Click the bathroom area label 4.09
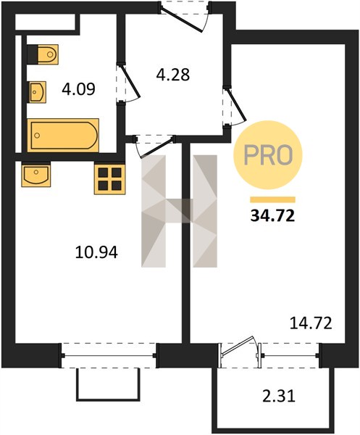[x=79, y=89]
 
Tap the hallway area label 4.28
[x=173, y=75]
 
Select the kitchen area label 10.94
[x=96, y=252]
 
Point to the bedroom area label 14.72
[x=311, y=323]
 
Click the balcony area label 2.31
[x=279, y=396]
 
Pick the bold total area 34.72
[x=272, y=216]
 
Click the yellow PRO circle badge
[x=268, y=155]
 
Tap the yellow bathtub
[x=63, y=135]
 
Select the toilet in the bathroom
[x=43, y=54]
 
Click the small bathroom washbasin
[x=37, y=92]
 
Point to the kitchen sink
[x=36, y=175]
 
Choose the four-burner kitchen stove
[x=110, y=179]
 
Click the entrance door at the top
[x=184, y=17]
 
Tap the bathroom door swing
[x=128, y=84]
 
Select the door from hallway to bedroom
[x=235, y=107]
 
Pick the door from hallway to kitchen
[x=154, y=146]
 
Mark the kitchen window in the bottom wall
[x=109, y=356]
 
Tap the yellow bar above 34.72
[x=272, y=200]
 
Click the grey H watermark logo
[x=179, y=211]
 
